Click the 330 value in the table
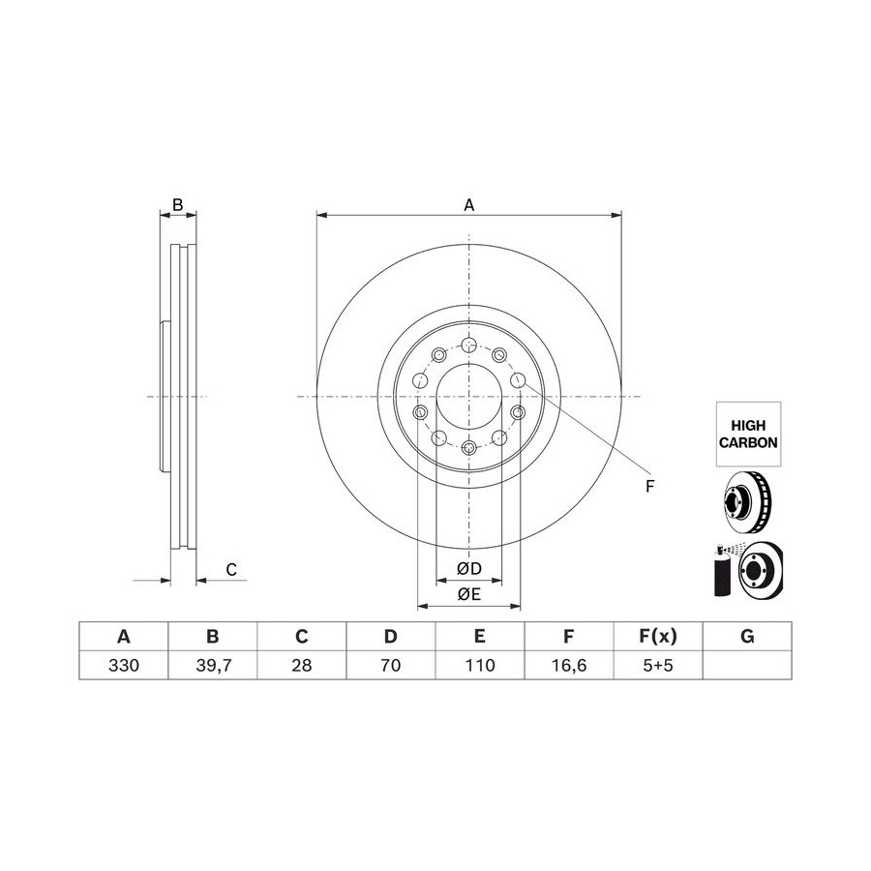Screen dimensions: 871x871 click(123, 665)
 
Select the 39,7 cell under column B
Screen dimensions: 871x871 click(213, 665)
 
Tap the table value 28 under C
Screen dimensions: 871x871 click(302, 665)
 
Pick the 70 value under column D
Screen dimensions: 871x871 click(391, 665)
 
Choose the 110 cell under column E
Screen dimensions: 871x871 click(480, 665)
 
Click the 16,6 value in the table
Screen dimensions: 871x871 click(569, 665)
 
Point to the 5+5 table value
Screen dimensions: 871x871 click(658, 665)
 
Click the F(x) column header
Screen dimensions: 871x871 click(658, 636)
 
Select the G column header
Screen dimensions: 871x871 click(747, 636)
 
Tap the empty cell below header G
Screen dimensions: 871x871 click(747, 665)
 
